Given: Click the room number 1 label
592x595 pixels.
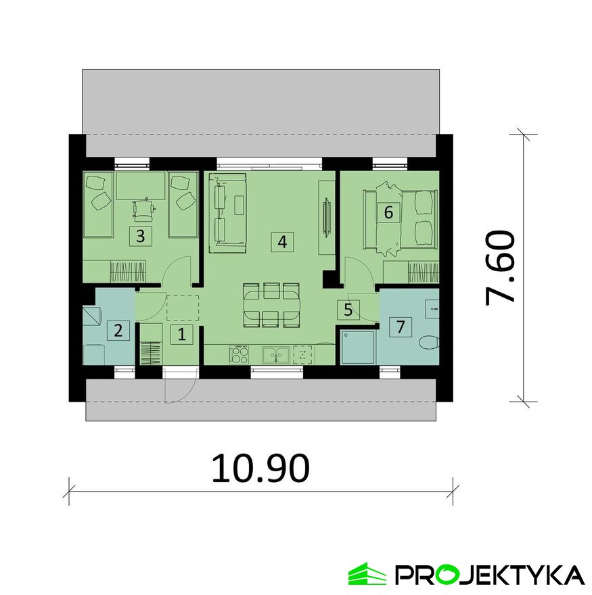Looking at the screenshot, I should [181, 333].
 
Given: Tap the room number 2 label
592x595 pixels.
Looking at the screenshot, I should [118, 331].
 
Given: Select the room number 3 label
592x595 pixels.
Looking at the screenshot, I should [140, 236].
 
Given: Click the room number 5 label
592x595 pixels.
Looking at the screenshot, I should [348, 310].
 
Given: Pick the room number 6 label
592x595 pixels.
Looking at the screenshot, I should [388, 212].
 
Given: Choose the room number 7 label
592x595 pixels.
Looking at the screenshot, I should [401, 327].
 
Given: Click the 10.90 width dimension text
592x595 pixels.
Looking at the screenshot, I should [260, 467].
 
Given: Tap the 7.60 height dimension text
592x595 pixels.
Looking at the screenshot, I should [501, 268].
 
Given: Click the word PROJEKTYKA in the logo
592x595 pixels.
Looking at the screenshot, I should [490, 575].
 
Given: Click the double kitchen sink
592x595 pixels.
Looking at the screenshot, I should [275, 354].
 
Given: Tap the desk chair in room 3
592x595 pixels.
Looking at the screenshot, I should [144, 211].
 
